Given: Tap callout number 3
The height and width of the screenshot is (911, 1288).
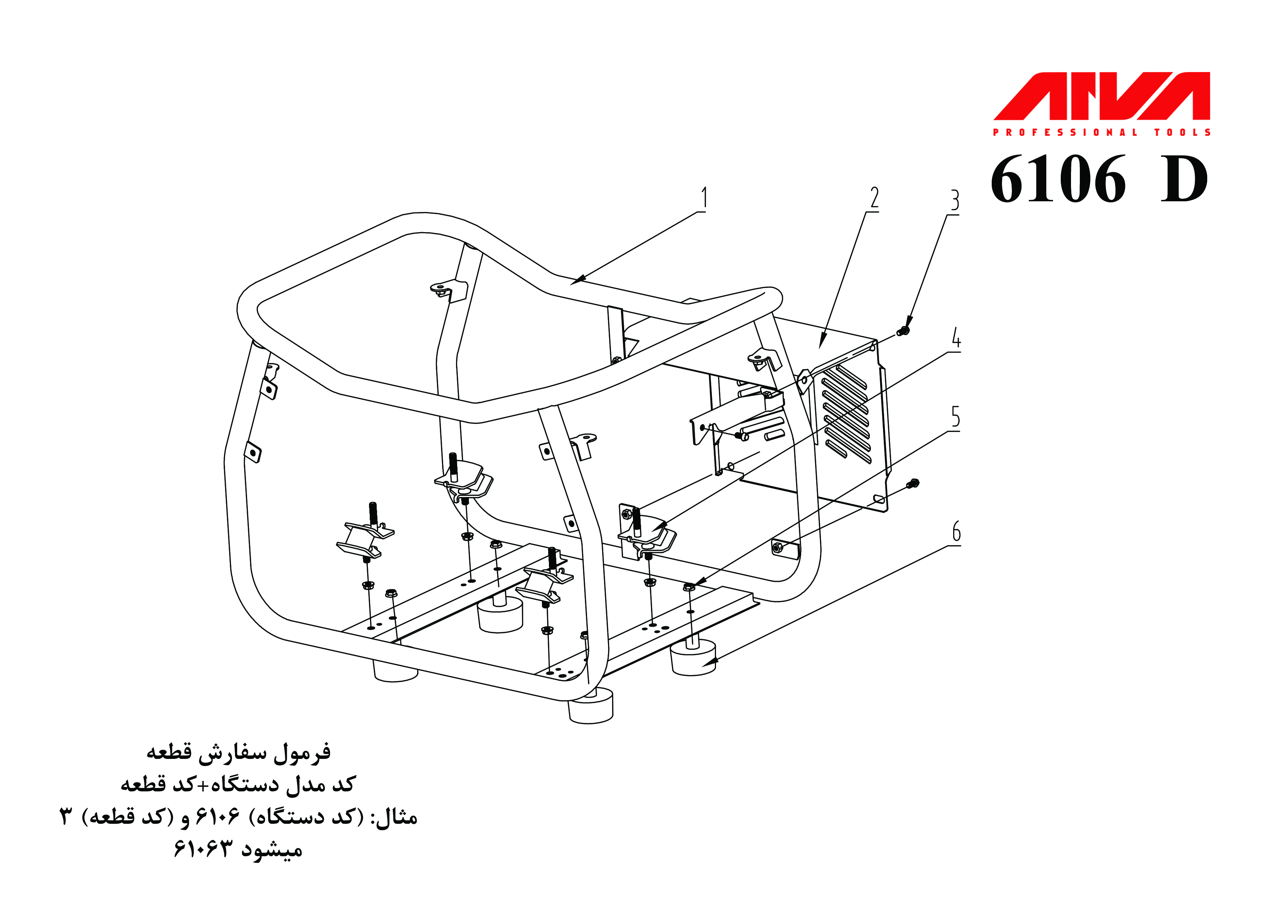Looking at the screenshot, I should [954, 201].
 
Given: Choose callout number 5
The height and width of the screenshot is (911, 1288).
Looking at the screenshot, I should [955, 417].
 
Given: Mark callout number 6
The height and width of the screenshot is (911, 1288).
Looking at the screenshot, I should [956, 532].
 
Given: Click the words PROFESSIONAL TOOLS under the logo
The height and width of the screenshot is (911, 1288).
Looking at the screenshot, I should [1101, 133].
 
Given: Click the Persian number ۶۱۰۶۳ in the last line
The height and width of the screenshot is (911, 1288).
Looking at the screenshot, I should [203, 849].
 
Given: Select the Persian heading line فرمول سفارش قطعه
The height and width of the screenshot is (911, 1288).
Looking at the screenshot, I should [238, 752].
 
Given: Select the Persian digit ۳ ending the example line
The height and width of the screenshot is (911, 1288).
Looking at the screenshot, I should [66, 817].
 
